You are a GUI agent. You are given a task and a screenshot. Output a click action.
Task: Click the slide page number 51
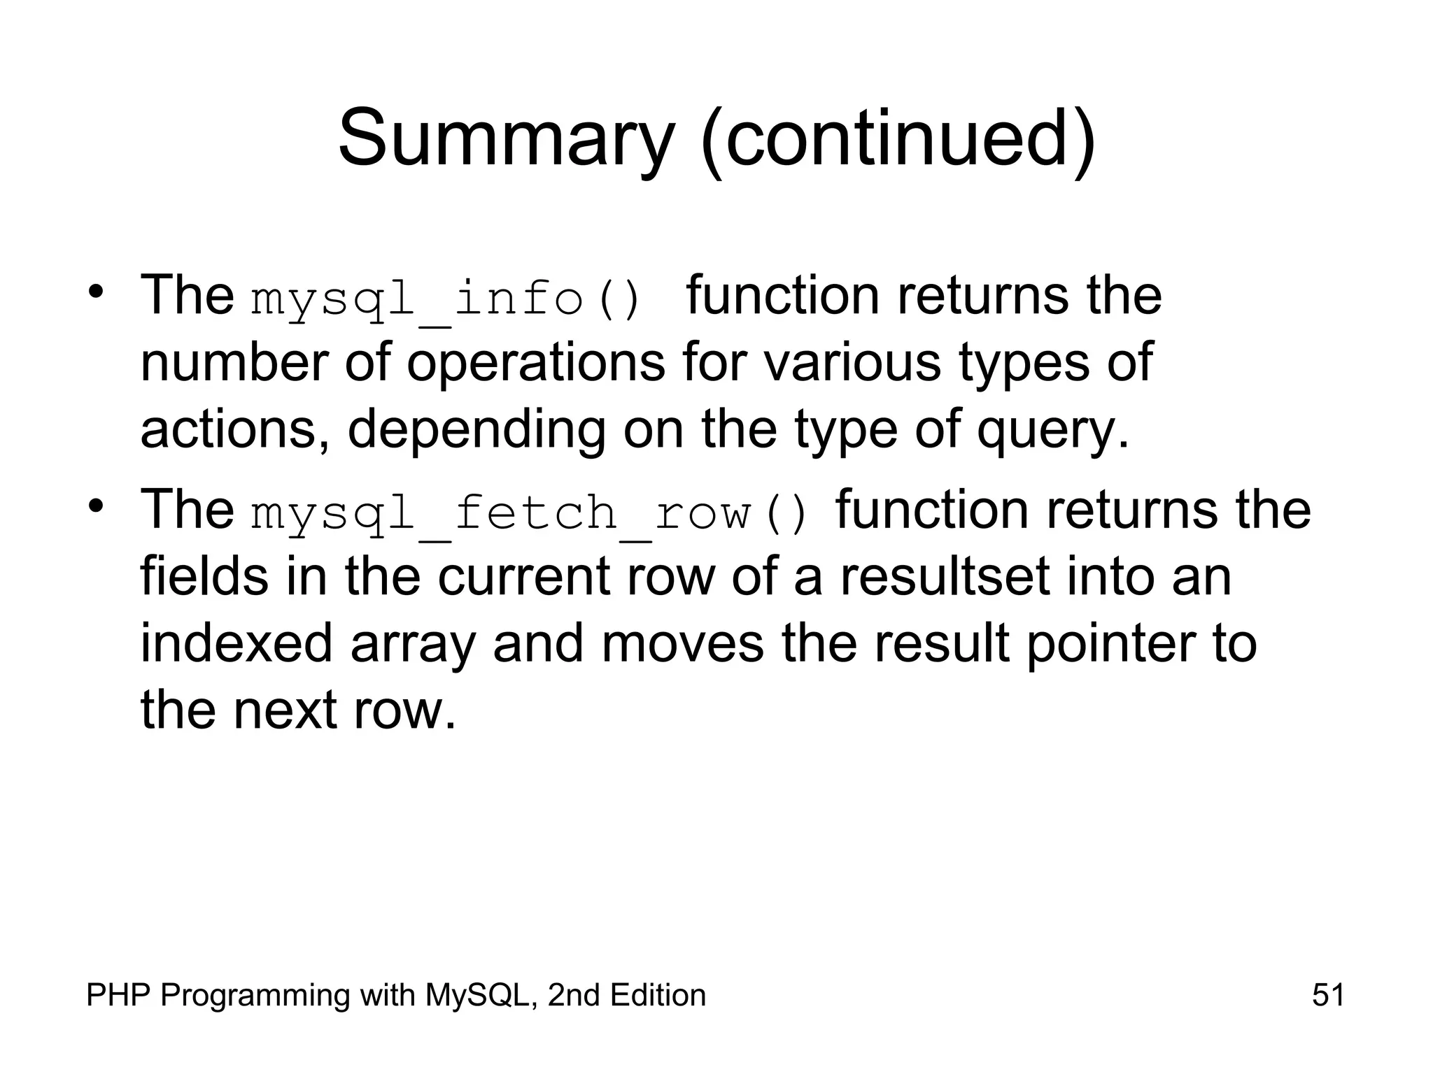pyautogui.click(x=1328, y=994)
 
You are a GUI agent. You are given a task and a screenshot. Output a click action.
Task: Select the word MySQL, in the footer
pyautogui.click(x=482, y=995)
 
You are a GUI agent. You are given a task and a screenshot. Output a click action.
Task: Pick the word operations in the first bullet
pyautogui.click(x=535, y=364)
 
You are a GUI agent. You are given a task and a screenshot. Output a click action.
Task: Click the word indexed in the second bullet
pyautogui.click(x=237, y=643)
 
